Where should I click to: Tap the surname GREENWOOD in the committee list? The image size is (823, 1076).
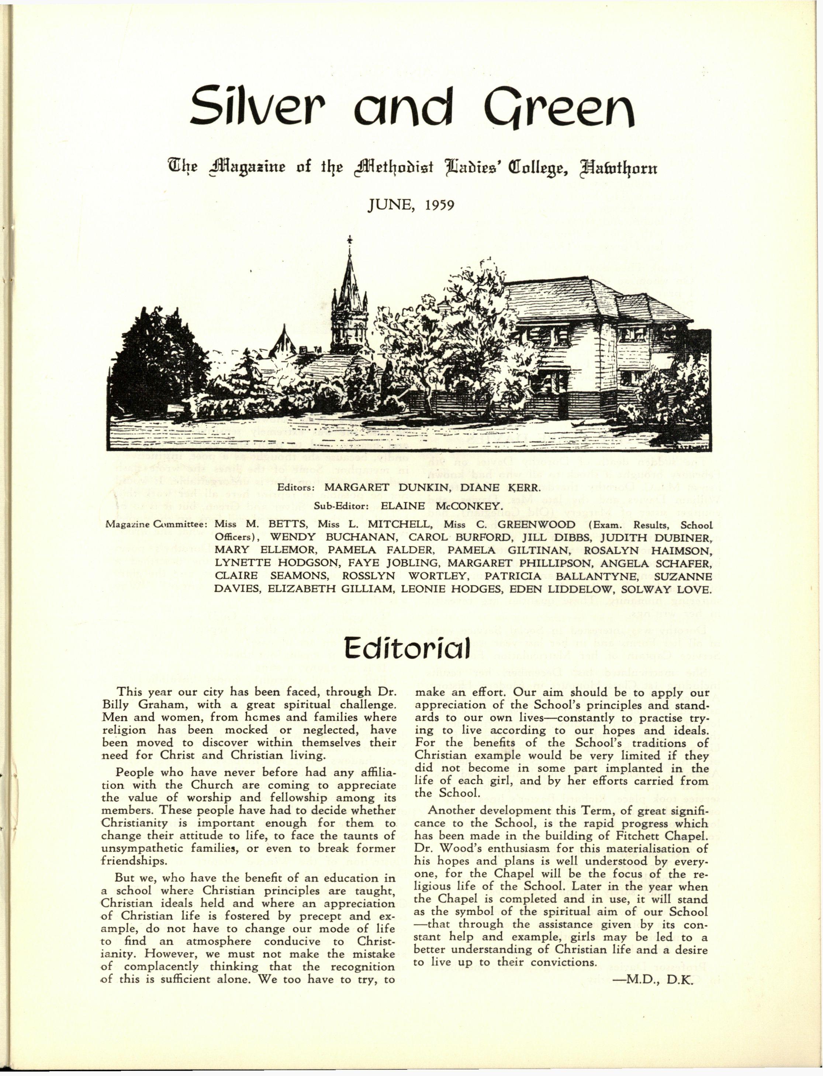pyautogui.click(x=541, y=524)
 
